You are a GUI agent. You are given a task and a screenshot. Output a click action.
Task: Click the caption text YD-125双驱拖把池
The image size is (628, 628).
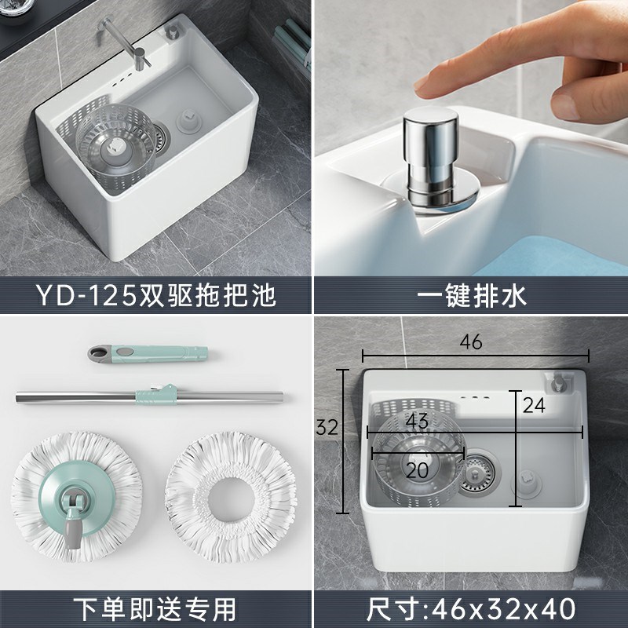(x=157, y=297)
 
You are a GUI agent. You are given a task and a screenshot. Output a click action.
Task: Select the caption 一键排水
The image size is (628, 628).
(x=471, y=297)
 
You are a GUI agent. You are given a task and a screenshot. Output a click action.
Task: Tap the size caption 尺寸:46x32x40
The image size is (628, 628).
(x=471, y=609)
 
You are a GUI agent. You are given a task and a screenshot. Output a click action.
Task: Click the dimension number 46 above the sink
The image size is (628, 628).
(x=471, y=343)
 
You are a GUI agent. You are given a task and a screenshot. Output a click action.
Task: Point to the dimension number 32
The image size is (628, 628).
(x=327, y=428)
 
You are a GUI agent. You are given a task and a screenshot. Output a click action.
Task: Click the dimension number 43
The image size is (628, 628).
(x=417, y=421)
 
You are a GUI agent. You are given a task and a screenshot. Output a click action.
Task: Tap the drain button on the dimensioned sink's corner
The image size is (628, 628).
(x=560, y=382)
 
